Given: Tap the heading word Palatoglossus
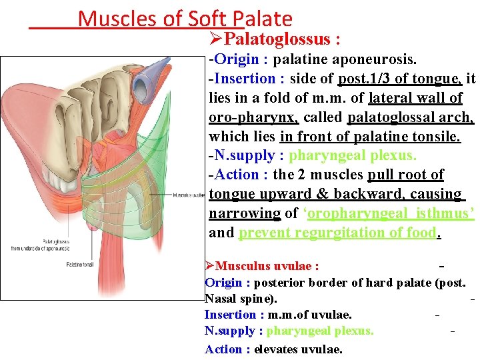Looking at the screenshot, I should [x=281, y=40].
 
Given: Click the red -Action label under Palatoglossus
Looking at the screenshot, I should [x=239, y=175].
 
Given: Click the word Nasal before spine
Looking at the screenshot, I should [x=221, y=298].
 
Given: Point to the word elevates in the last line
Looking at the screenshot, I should [x=276, y=349].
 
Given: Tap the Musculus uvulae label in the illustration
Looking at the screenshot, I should [x=188, y=196].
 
